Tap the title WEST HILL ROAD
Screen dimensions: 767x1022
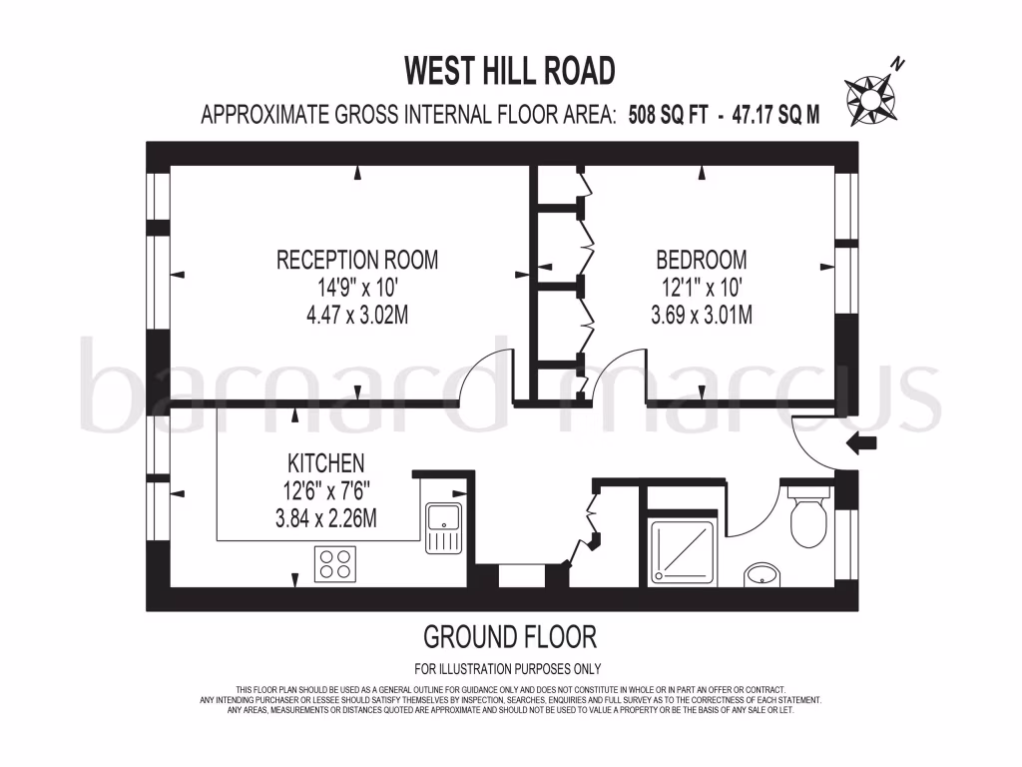pos(509,71)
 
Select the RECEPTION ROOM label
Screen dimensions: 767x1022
pos(357,261)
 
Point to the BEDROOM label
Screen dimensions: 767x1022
pos(701,261)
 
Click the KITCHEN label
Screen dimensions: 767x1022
pos(325,463)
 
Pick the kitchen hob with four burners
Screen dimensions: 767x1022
pos(336,563)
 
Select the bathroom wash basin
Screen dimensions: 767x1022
pos(764,573)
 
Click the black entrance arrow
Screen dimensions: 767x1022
pos(859,442)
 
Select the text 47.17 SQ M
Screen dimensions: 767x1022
pos(772,114)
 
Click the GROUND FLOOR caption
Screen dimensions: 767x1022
pos(509,636)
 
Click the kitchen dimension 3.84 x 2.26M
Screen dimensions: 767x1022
pos(325,518)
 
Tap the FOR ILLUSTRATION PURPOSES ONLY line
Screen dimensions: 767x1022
pos(507,669)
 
